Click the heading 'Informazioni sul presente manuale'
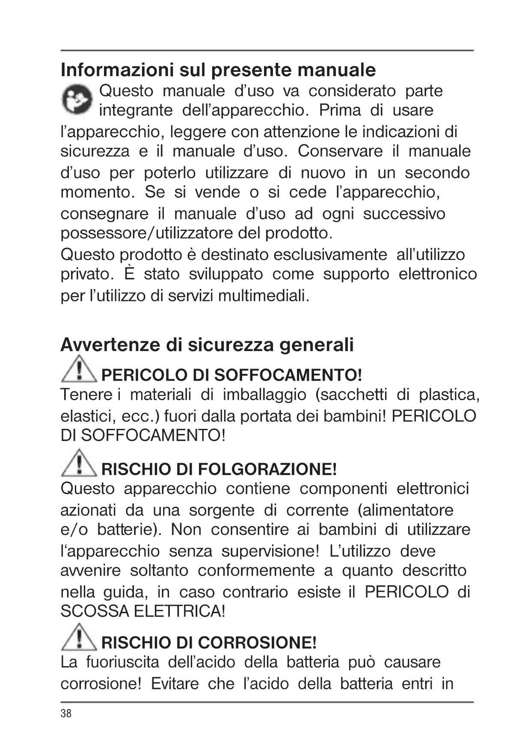218,70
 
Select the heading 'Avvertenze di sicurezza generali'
207,345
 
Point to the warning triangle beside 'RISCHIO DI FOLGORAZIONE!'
79,464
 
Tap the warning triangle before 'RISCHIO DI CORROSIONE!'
79,638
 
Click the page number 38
66,713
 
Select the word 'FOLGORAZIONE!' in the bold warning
268,469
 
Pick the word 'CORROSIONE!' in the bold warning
258,643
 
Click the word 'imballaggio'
264,394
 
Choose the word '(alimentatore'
405,510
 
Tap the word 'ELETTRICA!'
179,611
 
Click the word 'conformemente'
256,571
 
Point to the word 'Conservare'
340,151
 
